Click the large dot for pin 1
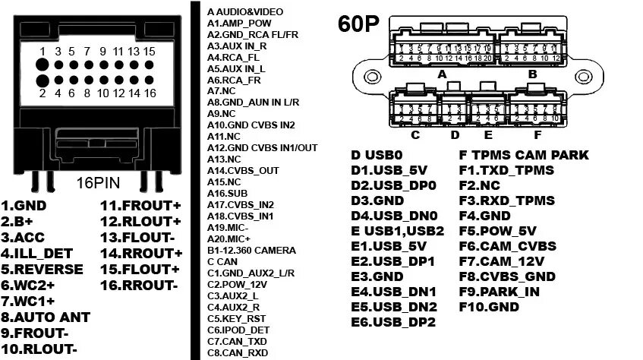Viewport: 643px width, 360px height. [43, 62]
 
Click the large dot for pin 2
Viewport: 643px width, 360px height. [43, 80]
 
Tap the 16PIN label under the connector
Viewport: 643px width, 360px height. [99, 183]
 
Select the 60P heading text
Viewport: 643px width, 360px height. [358, 24]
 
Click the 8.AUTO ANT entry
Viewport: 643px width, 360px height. [46, 317]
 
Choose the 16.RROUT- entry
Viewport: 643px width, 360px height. [139, 285]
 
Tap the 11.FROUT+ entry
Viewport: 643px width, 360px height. [141, 205]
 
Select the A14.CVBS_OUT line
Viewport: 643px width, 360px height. [243, 171]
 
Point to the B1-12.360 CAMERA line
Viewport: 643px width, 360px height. [251, 250]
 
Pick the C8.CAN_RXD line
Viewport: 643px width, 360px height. [238, 352]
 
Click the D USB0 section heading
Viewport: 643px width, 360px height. [376, 155]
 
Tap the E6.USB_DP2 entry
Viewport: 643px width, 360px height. [394, 323]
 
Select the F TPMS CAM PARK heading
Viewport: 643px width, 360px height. [524, 155]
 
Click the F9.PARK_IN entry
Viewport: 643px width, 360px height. [500, 292]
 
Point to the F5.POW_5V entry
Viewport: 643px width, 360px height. [498, 231]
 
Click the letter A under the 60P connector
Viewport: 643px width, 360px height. [441, 74]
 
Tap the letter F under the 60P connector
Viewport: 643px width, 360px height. [537, 135]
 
